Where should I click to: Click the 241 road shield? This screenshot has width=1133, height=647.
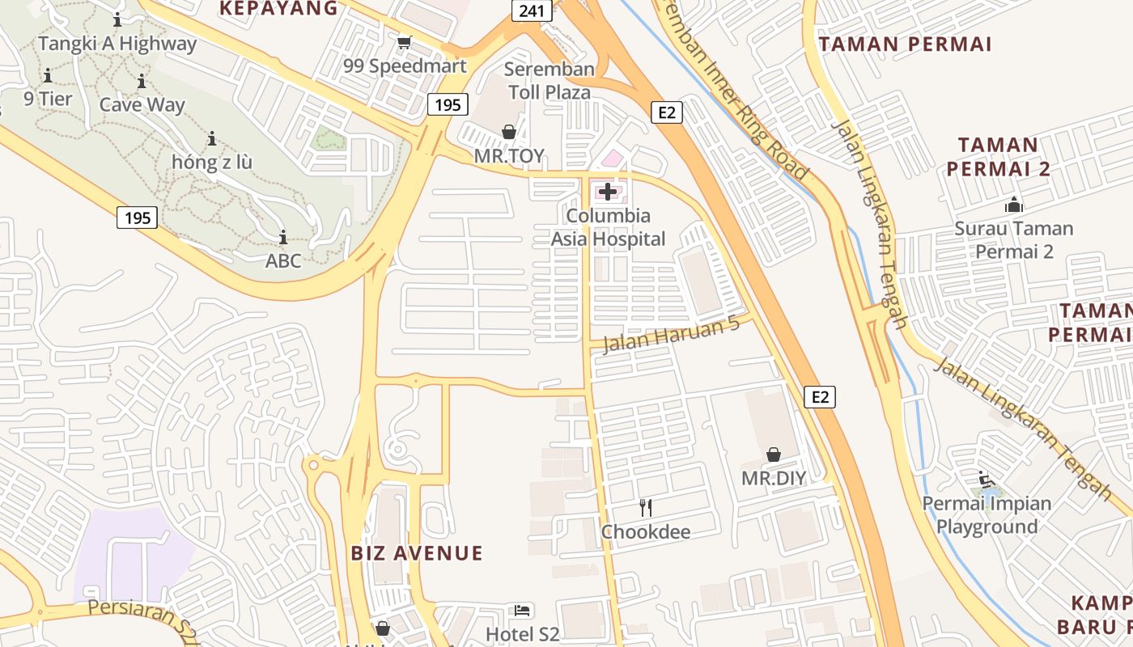tap(531, 11)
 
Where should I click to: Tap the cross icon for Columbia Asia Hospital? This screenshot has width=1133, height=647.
tap(608, 192)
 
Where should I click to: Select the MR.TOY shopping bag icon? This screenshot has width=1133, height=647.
tap(509, 131)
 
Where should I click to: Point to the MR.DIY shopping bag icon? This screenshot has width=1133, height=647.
tap(774, 455)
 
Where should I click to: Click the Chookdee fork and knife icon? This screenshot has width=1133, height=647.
tap(645, 508)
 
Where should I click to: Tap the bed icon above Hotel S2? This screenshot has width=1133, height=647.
tap(523, 610)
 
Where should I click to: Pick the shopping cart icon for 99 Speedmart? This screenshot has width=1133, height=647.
tap(404, 42)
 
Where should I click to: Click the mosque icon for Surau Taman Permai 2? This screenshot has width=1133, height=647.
tap(1013, 205)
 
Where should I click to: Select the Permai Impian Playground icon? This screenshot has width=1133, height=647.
tap(986, 480)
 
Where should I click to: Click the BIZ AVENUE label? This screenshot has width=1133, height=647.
tap(417, 553)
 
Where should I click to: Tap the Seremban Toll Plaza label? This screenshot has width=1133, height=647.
tap(550, 81)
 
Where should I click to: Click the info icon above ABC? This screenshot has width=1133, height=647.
tap(283, 237)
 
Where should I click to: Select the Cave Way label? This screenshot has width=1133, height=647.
tap(142, 105)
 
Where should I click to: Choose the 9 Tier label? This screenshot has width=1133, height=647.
tap(48, 99)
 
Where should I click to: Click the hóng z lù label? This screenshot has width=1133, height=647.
tap(212, 163)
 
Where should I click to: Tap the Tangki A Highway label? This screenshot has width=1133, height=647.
tap(117, 44)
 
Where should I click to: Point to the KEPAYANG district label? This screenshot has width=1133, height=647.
tap(278, 9)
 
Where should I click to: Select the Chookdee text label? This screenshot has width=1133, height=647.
tap(646, 532)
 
